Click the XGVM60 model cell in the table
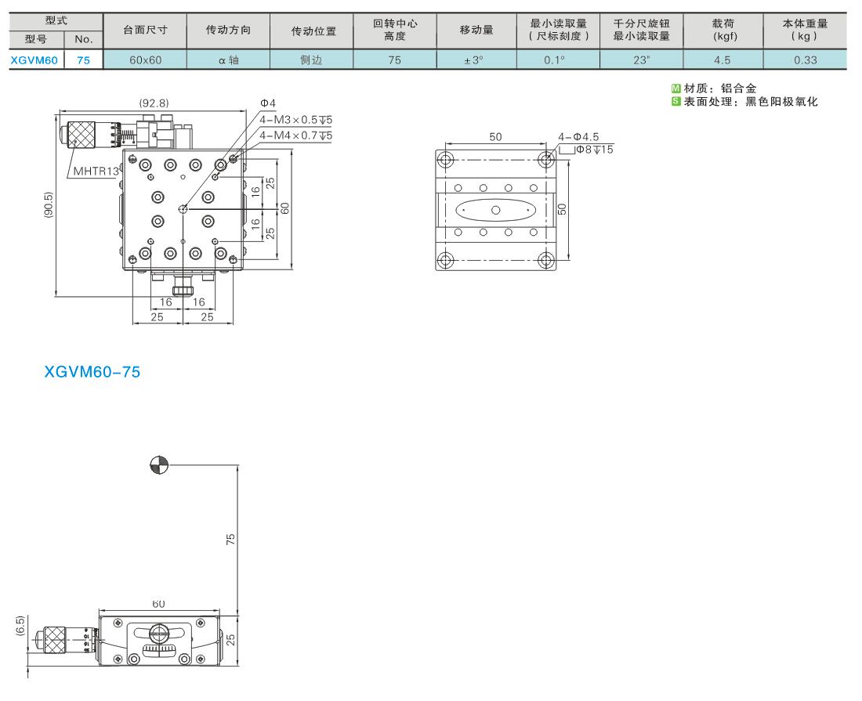pyautogui.click(x=34, y=60)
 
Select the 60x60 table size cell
pyautogui.click(x=145, y=60)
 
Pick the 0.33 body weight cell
pyautogui.click(x=806, y=60)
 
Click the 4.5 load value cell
pyautogui.click(x=723, y=60)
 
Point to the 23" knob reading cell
pyautogui.click(x=641, y=60)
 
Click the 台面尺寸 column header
pyautogui.click(x=145, y=31)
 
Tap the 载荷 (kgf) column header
pyautogui.click(x=723, y=30)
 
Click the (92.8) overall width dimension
pyautogui.click(x=154, y=103)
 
